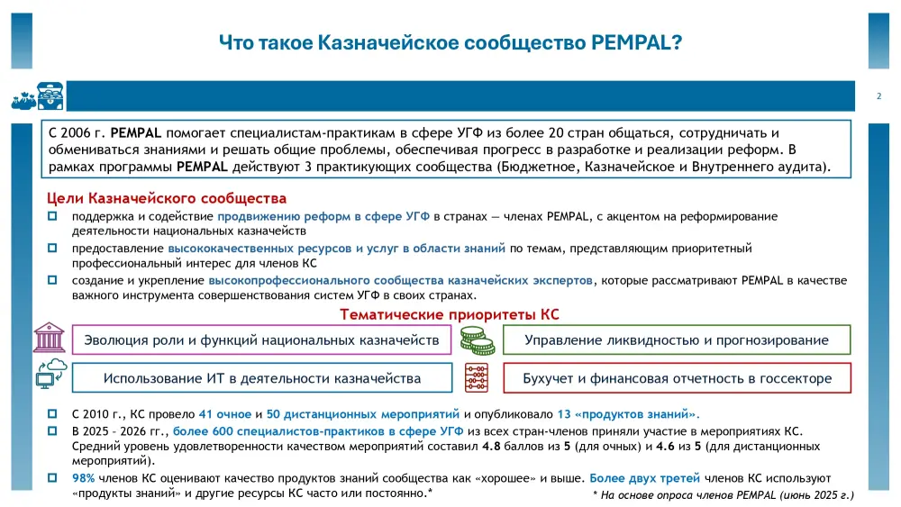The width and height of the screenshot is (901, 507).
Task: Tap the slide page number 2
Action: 878,96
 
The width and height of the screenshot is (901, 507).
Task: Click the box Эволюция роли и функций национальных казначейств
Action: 261,340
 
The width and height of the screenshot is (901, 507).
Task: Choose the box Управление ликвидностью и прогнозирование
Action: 677,340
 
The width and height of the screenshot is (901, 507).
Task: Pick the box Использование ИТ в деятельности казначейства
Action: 261,378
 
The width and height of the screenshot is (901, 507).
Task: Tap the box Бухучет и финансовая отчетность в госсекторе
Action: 677,378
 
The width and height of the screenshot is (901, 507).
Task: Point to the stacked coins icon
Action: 477,340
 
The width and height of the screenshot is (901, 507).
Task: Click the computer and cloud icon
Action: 50,373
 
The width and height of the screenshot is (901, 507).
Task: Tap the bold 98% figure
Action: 83,478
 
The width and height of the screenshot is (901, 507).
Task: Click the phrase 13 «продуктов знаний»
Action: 628,414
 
